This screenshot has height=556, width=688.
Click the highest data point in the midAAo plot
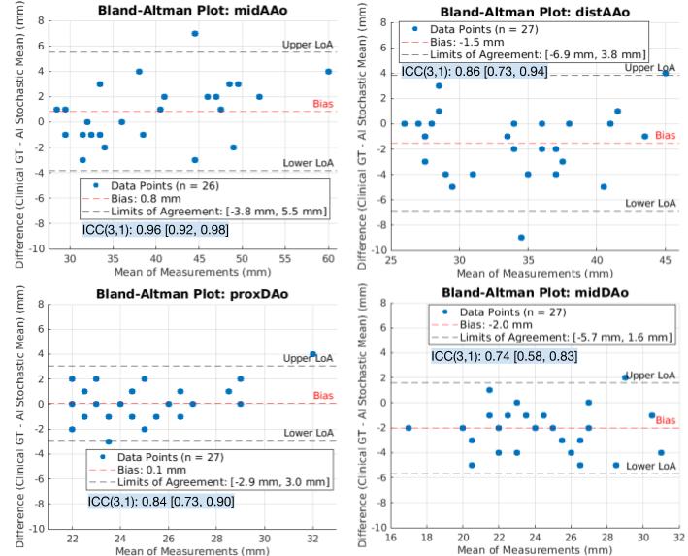(x=194, y=34)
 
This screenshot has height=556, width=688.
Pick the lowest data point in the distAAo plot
(x=521, y=237)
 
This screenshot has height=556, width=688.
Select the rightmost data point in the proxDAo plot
(x=312, y=354)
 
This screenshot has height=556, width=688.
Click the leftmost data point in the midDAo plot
(x=409, y=428)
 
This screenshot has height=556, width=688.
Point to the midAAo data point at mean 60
(x=328, y=71)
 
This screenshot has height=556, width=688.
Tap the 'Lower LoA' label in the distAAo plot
(x=648, y=203)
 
